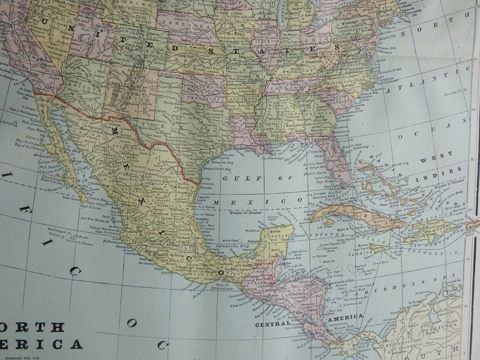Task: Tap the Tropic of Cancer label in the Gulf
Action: pyautogui.click(x=251, y=211)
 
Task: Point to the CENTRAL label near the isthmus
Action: pyautogui.click(x=273, y=324)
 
